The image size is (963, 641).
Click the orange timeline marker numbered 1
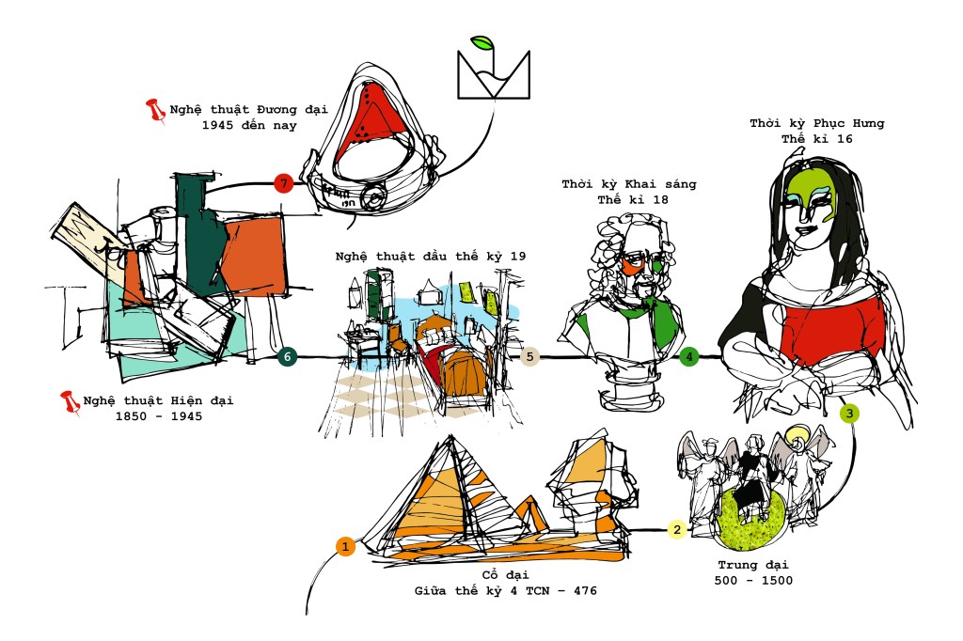345,546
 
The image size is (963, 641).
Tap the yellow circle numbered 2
677,529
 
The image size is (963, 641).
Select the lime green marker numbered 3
849,414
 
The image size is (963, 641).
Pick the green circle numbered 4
689,356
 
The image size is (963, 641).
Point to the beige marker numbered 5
529,356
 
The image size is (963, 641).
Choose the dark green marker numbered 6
287,356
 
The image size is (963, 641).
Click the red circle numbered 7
283,183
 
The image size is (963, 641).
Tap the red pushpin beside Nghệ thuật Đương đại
155,111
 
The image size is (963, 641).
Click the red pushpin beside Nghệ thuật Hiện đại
70,403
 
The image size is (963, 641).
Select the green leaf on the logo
482,43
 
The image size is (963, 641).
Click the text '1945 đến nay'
249,125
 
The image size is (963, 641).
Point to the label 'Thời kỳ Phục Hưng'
817,123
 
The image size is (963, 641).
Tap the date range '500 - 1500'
753,580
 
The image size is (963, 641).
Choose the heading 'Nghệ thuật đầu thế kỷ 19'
431,256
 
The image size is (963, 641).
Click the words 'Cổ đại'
505,574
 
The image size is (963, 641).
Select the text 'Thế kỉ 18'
633,199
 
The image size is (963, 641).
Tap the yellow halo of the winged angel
797,436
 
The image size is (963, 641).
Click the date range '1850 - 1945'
159,416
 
